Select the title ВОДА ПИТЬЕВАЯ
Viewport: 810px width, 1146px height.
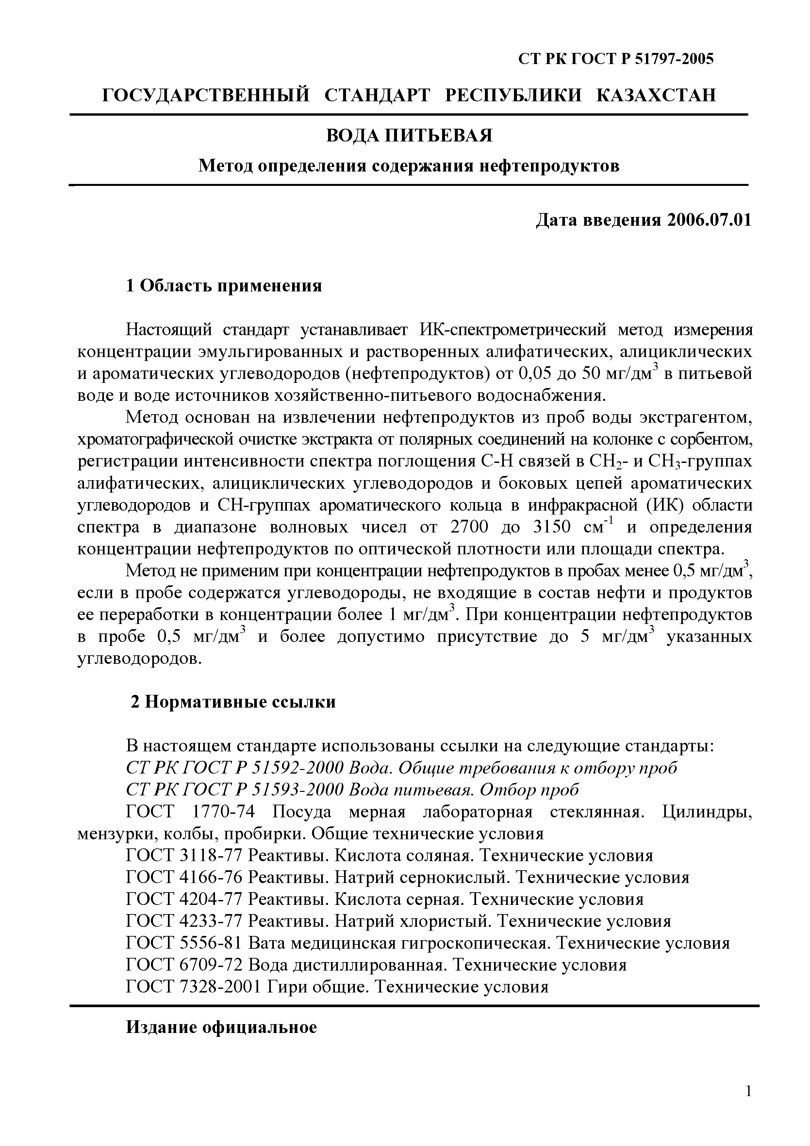(409, 135)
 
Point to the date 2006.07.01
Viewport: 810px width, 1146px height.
(709, 220)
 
